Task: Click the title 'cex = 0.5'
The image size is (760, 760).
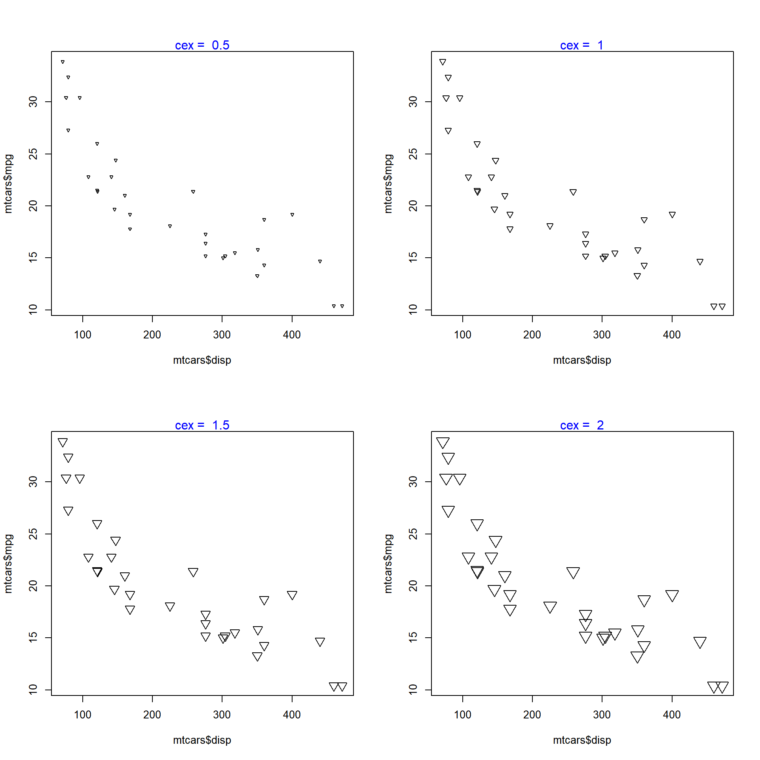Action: [202, 45]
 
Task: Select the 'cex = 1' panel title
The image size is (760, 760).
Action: [581, 45]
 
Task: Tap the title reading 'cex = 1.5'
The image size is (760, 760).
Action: [202, 425]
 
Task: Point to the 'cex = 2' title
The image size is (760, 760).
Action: [581, 425]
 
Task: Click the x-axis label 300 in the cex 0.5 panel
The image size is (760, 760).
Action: [222, 335]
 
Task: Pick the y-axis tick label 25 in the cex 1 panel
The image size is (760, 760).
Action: [413, 154]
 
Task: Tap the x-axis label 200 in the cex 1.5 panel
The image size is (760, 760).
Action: [152, 715]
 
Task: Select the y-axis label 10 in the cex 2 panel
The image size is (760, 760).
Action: [413, 690]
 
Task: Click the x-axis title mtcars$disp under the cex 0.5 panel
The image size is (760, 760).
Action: [202, 360]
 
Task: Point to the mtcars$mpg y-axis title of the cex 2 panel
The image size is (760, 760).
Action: [388, 564]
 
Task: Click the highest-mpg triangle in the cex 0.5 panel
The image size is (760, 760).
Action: [63, 62]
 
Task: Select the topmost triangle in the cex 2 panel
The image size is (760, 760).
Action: [443, 443]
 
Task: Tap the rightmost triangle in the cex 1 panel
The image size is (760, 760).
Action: [722, 306]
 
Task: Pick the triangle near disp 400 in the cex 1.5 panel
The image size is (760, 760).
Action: [292, 595]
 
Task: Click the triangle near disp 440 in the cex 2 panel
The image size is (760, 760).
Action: [700, 642]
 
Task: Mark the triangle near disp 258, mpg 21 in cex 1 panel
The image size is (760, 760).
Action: [573, 192]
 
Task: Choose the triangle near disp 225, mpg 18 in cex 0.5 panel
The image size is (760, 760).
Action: [170, 226]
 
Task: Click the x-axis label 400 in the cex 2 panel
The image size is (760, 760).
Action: [672, 715]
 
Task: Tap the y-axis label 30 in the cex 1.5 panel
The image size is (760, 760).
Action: [33, 482]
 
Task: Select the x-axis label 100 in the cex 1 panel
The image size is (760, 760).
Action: [462, 335]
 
